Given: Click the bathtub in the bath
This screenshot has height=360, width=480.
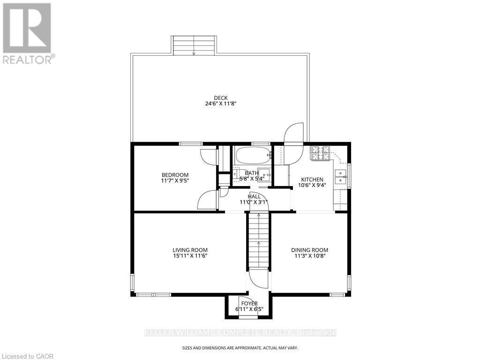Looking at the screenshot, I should pos(253,155).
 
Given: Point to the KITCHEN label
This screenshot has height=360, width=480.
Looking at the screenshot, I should pos(312,180).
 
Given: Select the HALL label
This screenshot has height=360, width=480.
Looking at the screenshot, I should pos(255,197).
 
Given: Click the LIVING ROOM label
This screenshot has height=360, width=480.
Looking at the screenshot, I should pos(190,250).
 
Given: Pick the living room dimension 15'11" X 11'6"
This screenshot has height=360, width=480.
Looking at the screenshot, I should pos(190,256).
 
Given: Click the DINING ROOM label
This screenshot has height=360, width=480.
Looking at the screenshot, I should pos(309,250).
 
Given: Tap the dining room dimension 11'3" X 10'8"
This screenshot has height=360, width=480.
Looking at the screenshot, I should pos(309,256).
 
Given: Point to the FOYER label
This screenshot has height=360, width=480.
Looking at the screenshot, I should pos(249,303).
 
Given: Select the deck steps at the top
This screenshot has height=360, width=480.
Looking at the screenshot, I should pos(194,45).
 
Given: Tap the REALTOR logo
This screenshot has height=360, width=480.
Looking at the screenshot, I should pos(27,33).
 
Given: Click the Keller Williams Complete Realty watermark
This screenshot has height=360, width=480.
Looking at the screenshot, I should pos(240,333).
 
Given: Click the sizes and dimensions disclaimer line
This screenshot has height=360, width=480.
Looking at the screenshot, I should pos(240,348).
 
